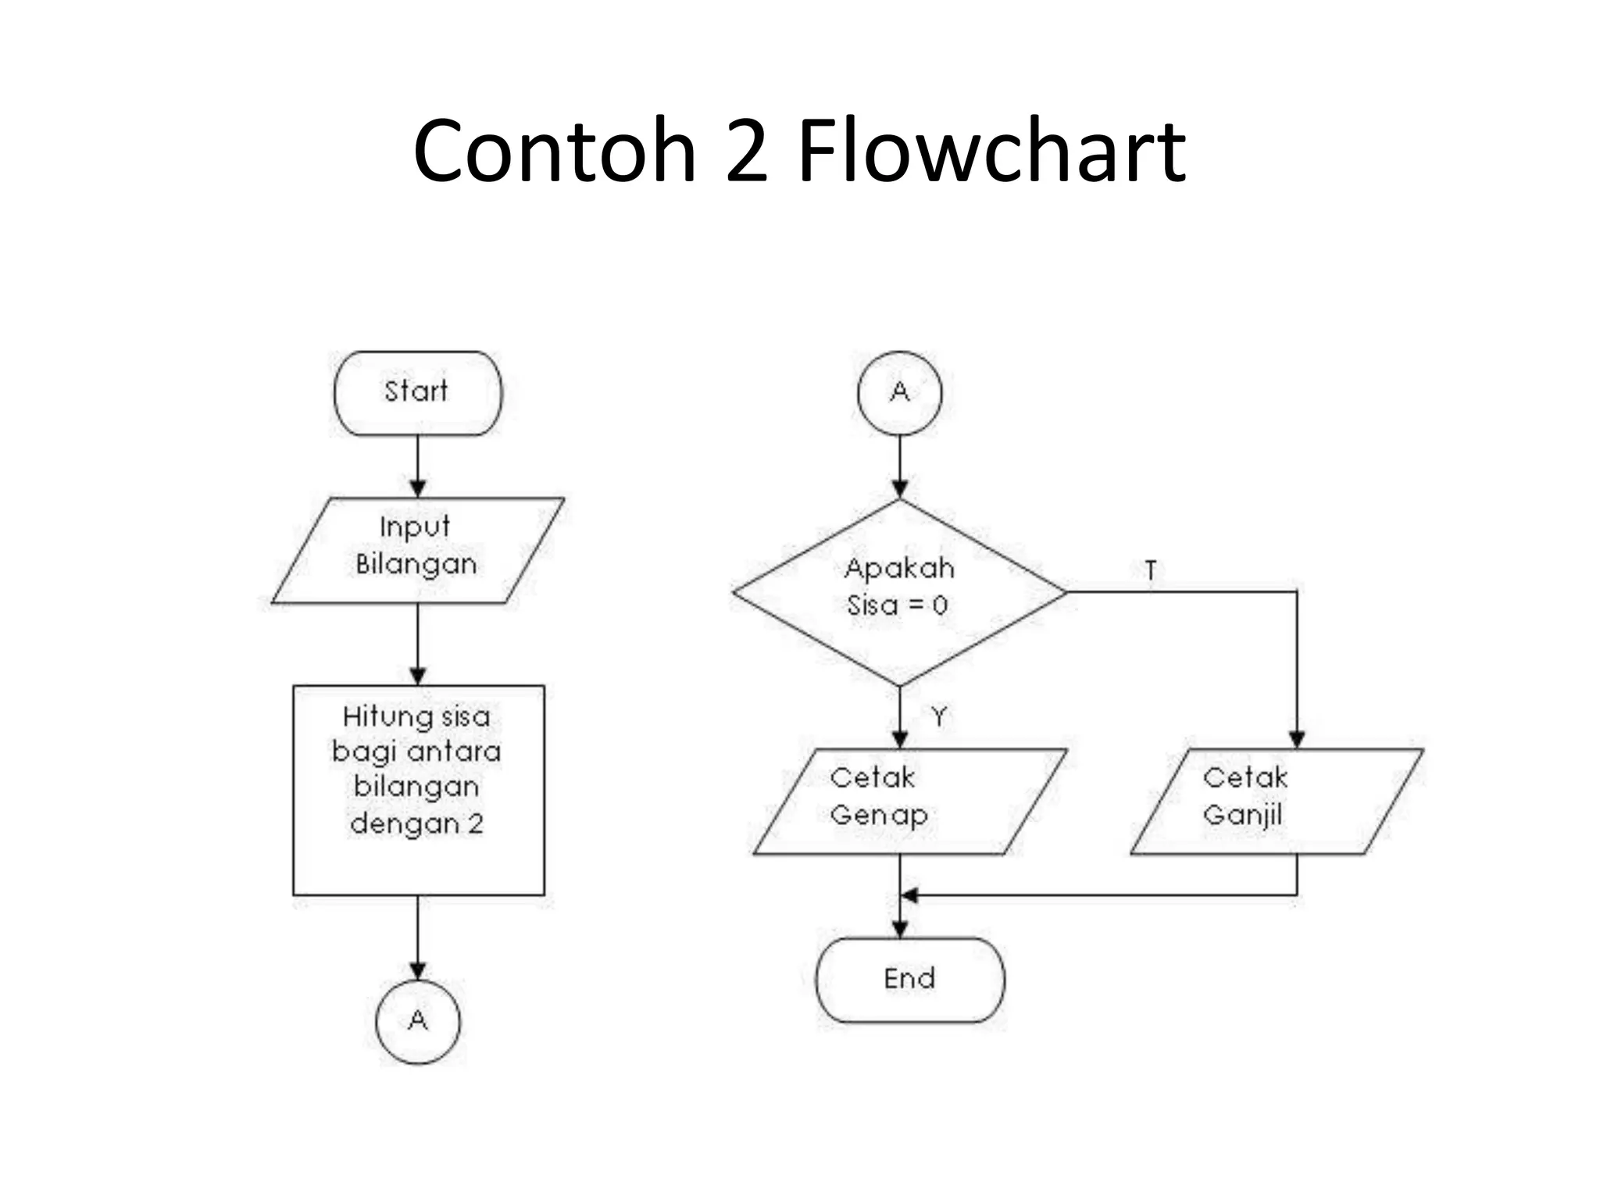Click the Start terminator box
coord(417,393)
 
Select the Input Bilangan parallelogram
coord(417,550)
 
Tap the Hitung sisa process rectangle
coord(418,790)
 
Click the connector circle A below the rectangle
coord(418,1021)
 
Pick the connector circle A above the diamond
coord(899,393)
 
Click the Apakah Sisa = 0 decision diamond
coord(899,591)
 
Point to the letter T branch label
coord(1150,570)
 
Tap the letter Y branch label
coord(938,716)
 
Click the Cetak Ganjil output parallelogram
coord(1277,801)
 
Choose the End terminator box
coord(909,980)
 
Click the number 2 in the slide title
coord(745,152)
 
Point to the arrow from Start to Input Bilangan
coord(418,466)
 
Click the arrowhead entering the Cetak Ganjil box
coord(1297,739)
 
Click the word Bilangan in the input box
coord(416,564)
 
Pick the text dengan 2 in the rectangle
coord(416,823)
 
